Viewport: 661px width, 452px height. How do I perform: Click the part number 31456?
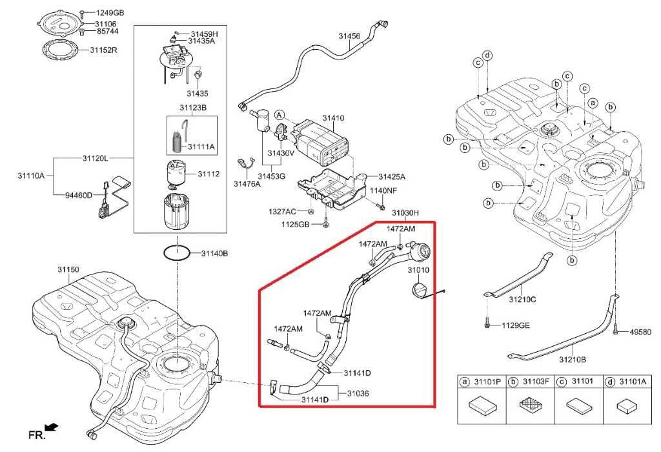(x=349, y=37)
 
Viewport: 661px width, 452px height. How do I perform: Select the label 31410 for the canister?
(x=334, y=119)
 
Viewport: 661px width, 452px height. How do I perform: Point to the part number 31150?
(x=68, y=268)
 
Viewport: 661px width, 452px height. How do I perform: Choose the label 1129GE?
(x=516, y=325)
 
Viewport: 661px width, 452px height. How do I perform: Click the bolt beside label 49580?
(x=616, y=330)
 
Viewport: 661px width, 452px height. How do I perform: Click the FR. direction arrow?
(x=52, y=428)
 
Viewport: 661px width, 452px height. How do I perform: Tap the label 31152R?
(x=103, y=49)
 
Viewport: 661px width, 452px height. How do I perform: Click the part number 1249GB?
(x=110, y=12)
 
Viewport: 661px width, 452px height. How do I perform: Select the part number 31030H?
(x=405, y=212)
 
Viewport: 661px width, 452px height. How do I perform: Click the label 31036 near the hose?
(x=358, y=393)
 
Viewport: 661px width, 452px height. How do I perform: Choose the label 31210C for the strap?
(x=523, y=300)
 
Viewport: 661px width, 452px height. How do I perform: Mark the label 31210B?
(x=572, y=360)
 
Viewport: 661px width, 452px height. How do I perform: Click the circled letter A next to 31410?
(x=280, y=114)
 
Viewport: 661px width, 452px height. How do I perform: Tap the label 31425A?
(x=391, y=176)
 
